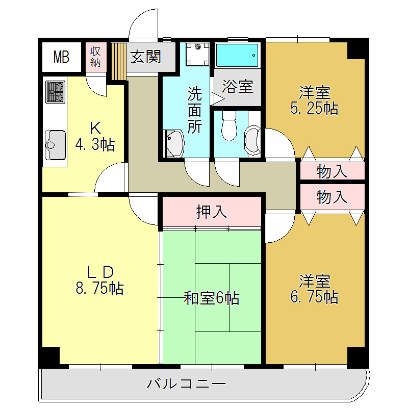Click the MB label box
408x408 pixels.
(x=61, y=57)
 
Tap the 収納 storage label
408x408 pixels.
(x=95, y=57)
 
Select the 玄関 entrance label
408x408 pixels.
(x=145, y=56)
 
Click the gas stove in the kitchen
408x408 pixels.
(x=55, y=92)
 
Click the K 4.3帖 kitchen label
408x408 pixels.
(x=94, y=136)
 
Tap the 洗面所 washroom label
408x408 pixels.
(x=194, y=110)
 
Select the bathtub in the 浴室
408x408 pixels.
(x=237, y=55)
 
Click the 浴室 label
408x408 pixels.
(x=238, y=87)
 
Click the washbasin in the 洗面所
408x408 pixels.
(x=173, y=143)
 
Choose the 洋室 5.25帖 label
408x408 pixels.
(x=314, y=100)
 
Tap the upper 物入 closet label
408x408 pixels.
(x=332, y=171)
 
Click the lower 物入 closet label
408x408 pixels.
(x=332, y=197)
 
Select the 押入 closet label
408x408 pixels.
(x=212, y=211)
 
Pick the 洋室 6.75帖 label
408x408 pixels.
(x=314, y=289)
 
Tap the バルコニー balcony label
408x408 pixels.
(x=186, y=383)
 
